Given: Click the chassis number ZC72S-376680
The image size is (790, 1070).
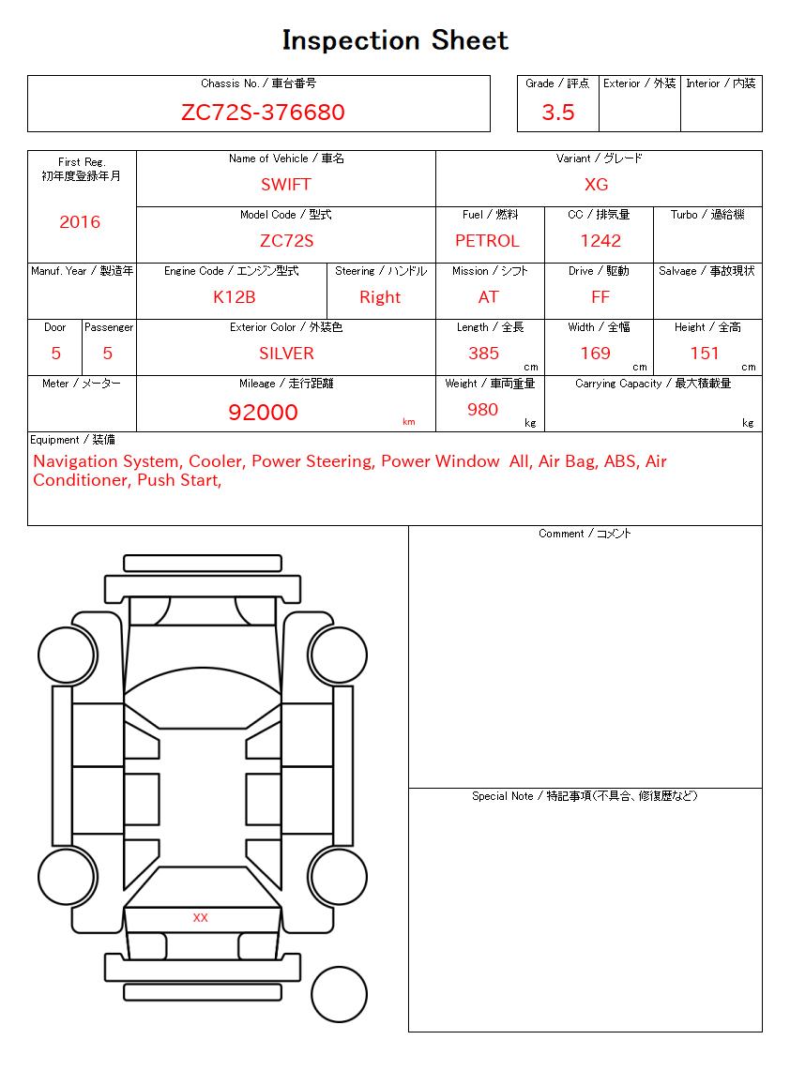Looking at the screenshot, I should (x=263, y=113).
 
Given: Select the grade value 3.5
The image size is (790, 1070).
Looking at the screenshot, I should (x=558, y=113).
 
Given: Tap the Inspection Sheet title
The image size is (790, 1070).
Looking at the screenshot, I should (x=395, y=40).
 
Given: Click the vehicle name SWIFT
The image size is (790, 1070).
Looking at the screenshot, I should (x=285, y=185).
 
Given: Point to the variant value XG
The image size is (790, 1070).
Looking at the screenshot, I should (x=596, y=185).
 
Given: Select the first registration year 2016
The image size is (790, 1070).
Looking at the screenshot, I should (x=80, y=222).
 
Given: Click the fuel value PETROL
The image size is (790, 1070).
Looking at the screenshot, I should (x=487, y=241).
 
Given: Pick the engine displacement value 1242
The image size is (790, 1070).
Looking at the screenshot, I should (x=600, y=241).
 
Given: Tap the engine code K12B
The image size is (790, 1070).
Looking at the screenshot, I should (x=234, y=297).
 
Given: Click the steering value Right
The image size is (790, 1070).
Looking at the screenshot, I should (x=380, y=297).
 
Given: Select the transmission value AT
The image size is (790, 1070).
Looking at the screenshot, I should (x=488, y=297).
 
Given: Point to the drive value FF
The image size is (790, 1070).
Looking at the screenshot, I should (x=600, y=297).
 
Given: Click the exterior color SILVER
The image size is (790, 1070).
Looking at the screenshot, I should (x=286, y=354).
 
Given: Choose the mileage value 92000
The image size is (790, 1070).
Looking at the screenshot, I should (x=263, y=413).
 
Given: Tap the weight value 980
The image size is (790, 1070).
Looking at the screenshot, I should (x=482, y=410).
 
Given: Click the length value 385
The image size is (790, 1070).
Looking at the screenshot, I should (x=483, y=354).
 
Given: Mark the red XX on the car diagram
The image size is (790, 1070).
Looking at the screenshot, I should (x=200, y=917).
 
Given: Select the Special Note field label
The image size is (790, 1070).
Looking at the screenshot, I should (x=585, y=796).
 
